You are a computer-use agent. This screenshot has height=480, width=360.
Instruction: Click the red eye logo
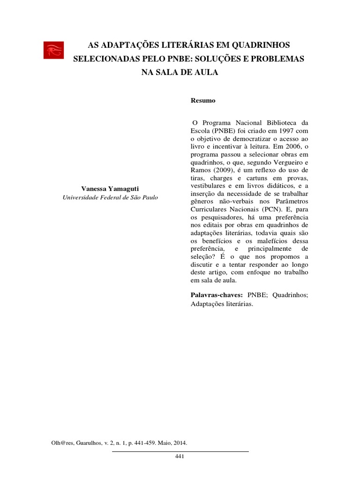(x=53, y=50)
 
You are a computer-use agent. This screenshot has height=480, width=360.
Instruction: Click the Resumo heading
(x=203, y=101)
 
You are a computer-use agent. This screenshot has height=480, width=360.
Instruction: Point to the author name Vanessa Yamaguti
(x=110, y=188)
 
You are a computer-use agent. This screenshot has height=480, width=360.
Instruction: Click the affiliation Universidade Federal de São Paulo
(x=110, y=197)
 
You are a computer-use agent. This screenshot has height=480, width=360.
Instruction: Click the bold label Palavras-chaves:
(x=216, y=295)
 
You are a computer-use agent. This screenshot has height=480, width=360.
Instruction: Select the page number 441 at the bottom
(x=180, y=457)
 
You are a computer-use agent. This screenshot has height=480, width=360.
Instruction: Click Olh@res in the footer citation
(x=60, y=442)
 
